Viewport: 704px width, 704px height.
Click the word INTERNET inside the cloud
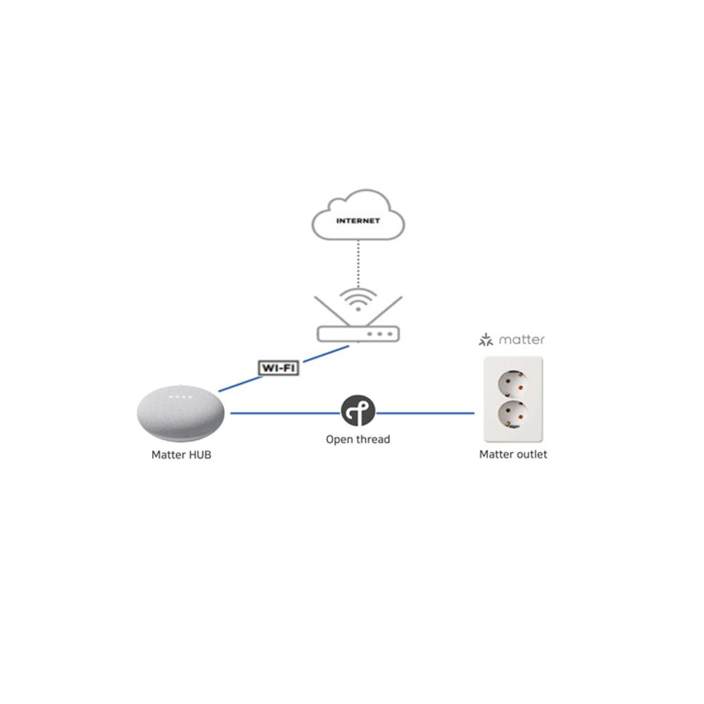[x=358, y=221]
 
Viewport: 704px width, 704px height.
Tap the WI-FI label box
[x=279, y=367]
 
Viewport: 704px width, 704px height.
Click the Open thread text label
[x=358, y=439]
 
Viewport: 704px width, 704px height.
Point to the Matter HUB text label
[x=181, y=455]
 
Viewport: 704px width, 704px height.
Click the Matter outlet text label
[x=513, y=455]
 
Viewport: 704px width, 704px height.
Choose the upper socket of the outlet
[x=512, y=384]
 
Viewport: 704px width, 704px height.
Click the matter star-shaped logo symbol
[x=486, y=341]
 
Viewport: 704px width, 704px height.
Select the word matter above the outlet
[x=522, y=340]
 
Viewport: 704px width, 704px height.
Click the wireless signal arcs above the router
[x=358, y=299]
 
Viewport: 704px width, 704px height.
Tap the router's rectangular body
[x=358, y=333]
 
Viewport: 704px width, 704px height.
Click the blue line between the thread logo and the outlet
[x=425, y=413]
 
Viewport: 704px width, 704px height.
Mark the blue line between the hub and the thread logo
[x=285, y=413]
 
